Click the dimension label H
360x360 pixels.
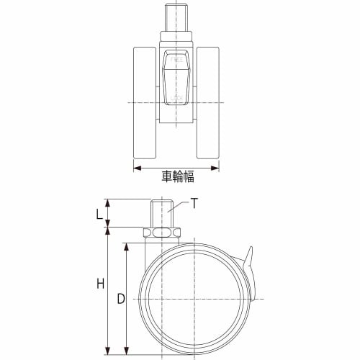(x=101, y=283)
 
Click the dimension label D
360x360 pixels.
(x=121, y=299)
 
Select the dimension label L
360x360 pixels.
(x=99, y=214)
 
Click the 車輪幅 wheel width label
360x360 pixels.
(x=178, y=176)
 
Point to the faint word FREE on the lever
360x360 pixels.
(x=176, y=59)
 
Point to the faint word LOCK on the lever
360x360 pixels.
(x=176, y=98)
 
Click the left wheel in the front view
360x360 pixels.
(x=145, y=103)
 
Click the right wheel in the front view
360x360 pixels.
(x=208, y=103)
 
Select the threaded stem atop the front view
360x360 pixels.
(x=176, y=17)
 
